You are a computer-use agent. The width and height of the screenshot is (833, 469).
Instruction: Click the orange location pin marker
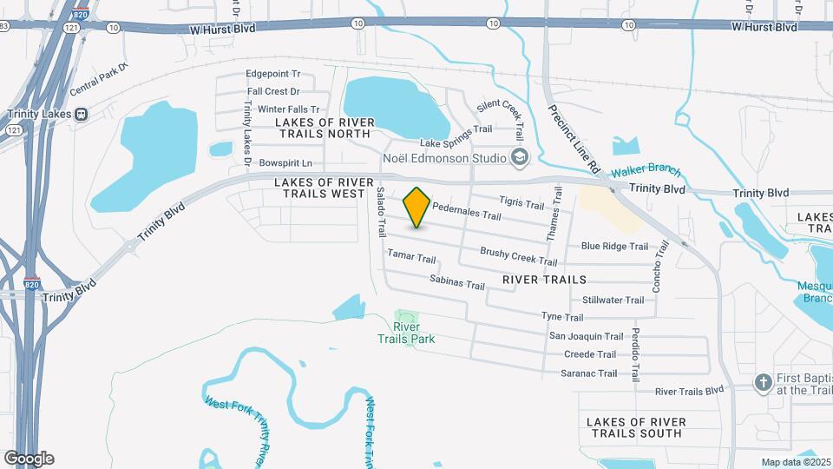tap(417, 207)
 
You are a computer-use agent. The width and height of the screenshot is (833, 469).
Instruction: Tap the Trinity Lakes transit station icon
tap(82, 114)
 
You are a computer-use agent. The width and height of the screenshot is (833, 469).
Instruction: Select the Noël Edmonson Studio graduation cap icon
tap(520, 157)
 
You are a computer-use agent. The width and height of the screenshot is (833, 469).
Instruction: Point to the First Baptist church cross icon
tap(763, 382)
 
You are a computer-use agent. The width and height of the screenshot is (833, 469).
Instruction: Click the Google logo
tap(30, 458)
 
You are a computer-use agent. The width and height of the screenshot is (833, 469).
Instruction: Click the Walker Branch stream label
tap(646, 172)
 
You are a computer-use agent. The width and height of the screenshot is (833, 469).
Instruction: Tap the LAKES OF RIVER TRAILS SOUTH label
tap(636, 427)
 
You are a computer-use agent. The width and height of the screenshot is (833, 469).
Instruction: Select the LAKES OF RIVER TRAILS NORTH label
tap(323, 128)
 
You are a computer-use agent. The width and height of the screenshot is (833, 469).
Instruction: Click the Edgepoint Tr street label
tap(273, 75)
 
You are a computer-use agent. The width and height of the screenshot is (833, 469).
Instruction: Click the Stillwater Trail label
tap(613, 300)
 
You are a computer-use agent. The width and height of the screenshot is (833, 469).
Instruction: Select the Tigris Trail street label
tap(522, 202)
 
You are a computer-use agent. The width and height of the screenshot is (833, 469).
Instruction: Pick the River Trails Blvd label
tap(689, 392)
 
